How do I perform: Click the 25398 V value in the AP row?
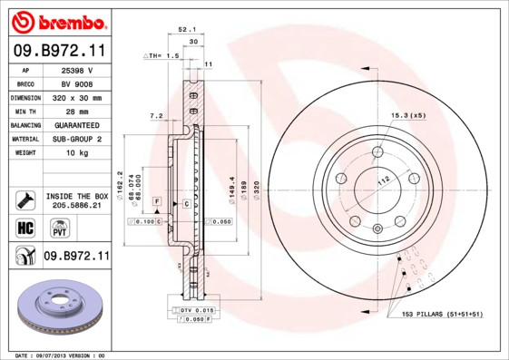76,69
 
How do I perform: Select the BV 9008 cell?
76,83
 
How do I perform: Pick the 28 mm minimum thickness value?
76,111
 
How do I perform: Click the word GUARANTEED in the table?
76,125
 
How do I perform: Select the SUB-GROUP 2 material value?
76,139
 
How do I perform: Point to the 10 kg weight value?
76,153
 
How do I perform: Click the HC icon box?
25,227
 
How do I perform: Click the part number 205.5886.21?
76,207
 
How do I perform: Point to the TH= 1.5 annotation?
163,56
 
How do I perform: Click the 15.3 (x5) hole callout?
408,115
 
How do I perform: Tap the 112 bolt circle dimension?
383,181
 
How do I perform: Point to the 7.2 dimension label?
155,116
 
